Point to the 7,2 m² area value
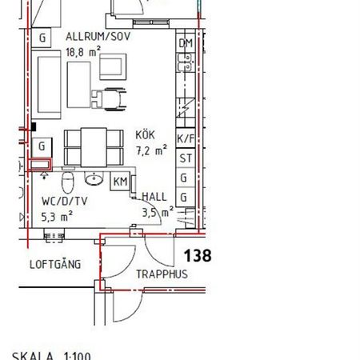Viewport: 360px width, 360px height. click(x=150, y=150)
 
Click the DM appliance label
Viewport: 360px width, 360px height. click(x=186, y=43)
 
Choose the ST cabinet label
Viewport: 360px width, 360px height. click(x=186, y=158)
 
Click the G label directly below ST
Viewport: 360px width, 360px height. click(x=185, y=177)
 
